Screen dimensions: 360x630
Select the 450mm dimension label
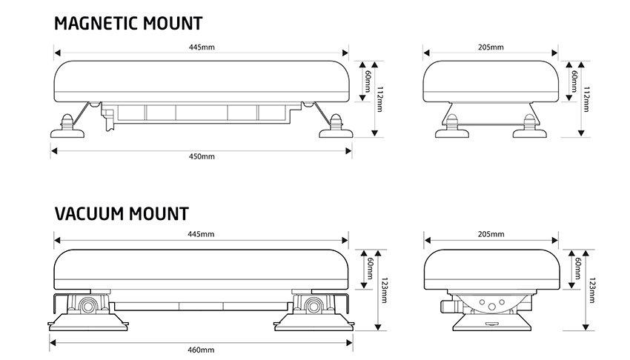(201, 157)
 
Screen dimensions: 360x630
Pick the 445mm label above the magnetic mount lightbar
(201, 47)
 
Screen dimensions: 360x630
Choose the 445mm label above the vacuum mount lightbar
(201, 234)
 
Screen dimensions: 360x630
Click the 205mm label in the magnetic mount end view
(491, 47)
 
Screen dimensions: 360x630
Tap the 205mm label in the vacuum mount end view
(491, 234)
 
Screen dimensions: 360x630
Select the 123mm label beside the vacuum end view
(591, 290)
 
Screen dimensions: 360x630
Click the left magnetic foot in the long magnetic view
(67, 130)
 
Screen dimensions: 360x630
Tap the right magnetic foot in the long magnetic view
(335, 130)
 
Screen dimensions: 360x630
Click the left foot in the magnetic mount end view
(449, 130)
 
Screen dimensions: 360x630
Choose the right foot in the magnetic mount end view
(531, 130)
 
